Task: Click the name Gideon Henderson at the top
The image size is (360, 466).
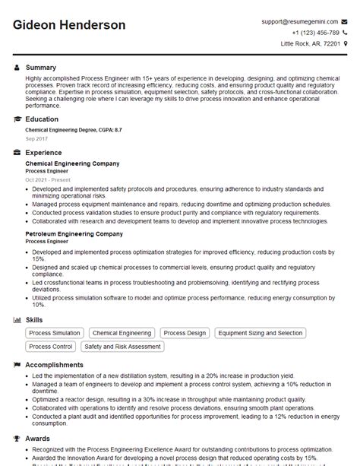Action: point(69,25)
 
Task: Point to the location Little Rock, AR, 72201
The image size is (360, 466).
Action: point(311,44)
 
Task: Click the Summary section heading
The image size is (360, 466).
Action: point(41,68)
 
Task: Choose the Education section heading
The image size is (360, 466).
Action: point(42,119)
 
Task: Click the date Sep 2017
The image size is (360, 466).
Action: point(36,140)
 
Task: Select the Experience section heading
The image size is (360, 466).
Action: point(43,153)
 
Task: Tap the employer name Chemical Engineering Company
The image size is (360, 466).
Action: point(72,163)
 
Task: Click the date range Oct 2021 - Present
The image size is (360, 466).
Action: point(48,179)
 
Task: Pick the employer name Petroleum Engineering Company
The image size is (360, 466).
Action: point(74,234)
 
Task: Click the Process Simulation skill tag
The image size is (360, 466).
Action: point(54,333)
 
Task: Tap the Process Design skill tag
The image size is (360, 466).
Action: point(185,333)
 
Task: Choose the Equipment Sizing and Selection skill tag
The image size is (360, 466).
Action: point(259,333)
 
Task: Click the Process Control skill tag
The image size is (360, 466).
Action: point(51,347)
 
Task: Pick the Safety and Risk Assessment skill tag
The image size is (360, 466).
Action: point(123,347)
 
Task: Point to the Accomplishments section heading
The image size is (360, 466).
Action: point(58,365)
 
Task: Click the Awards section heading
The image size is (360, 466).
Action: point(38,438)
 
